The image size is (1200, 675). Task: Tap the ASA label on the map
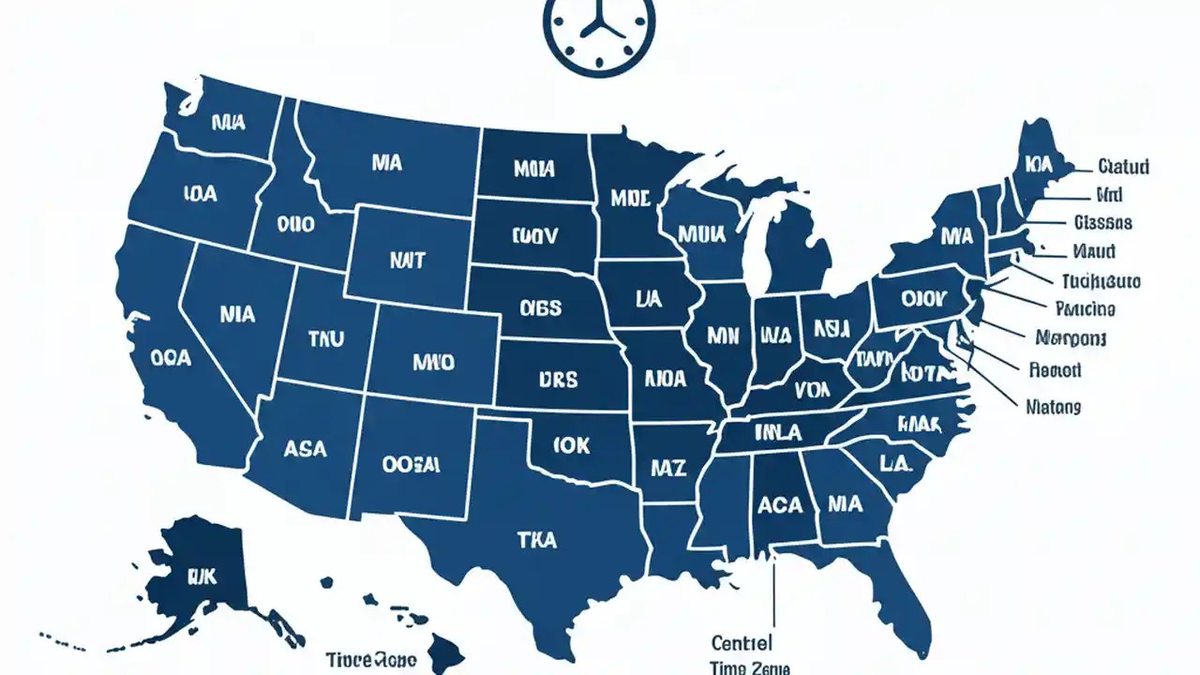[x=305, y=449]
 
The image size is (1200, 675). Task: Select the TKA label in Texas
[x=536, y=540]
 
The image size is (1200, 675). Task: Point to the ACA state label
[x=780, y=505]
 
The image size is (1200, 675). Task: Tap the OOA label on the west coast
[x=171, y=358]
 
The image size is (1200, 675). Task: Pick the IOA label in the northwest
[x=200, y=194]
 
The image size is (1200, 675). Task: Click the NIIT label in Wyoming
[x=406, y=261]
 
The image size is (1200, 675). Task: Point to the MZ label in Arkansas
[x=669, y=467]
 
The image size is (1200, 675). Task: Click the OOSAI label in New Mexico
[x=411, y=463]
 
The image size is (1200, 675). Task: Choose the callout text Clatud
[x=1123, y=168]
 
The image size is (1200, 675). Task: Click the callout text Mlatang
[x=1053, y=408]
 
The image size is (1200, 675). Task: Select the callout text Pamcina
[x=1085, y=308]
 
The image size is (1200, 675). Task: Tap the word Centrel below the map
[x=742, y=643]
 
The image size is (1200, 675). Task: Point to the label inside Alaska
[x=201, y=575]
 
